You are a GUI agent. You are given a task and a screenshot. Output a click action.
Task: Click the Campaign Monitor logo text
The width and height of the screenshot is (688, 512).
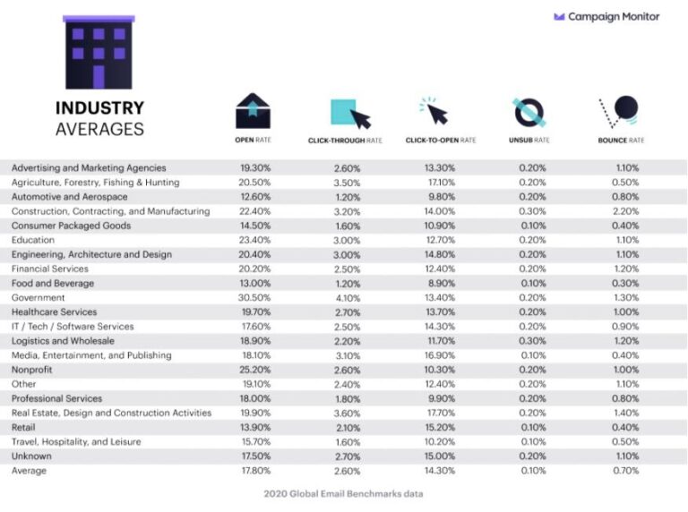pyautogui.click(x=614, y=16)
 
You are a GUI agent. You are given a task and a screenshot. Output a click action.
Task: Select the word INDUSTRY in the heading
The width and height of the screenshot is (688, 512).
pyautogui.click(x=99, y=108)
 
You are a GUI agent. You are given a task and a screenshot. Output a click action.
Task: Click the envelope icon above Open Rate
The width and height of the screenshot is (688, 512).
pyautogui.click(x=254, y=113)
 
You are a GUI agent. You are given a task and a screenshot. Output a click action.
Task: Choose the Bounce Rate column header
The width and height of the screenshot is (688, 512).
pyautogui.click(x=620, y=141)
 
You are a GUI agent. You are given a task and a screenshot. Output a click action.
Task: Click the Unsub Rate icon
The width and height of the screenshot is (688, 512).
pyautogui.click(x=529, y=113)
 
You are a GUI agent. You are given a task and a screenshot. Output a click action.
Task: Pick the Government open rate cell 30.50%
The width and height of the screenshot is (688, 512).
pyautogui.click(x=255, y=298)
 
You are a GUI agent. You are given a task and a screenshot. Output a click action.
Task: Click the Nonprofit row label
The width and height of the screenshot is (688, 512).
pyautogui.click(x=32, y=370)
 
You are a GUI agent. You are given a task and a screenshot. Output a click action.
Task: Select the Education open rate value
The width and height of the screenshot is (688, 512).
pyautogui.click(x=255, y=240)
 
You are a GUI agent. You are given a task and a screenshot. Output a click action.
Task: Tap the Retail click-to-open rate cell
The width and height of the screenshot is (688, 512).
pyautogui.click(x=440, y=428)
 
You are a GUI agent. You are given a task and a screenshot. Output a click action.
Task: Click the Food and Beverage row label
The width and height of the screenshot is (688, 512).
pyautogui.click(x=52, y=284)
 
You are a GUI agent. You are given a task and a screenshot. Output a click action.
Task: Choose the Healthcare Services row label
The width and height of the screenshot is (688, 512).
pyautogui.click(x=53, y=312)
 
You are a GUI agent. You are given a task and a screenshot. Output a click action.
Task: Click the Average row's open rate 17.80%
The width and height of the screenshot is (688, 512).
pyautogui.click(x=255, y=471)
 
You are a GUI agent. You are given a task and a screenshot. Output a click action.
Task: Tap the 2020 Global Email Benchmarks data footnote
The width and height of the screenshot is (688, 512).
pyautogui.click(x=343, y=494)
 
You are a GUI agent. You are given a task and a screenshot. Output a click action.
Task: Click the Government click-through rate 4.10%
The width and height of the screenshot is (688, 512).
pyautogui.click(x=347, y=298)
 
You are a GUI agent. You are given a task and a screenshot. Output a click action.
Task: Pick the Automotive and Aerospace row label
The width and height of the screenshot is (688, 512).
pyautogui.click(x=69, y=197)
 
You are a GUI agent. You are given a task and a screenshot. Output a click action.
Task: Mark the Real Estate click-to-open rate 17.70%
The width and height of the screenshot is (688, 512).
pyautogui.click(x=440, y=413)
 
